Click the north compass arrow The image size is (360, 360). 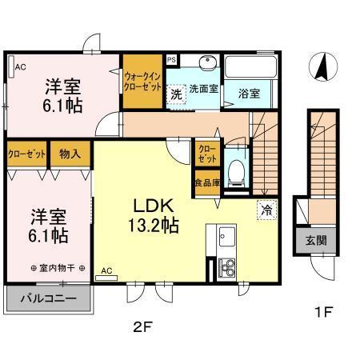point(322,68)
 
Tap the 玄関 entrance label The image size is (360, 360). point(316,241)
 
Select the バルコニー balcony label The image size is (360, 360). point(49,298)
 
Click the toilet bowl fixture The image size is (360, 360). point(236,171)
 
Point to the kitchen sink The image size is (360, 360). point(227,237)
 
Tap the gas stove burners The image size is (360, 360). point(227,268)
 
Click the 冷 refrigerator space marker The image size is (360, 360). point(266,210)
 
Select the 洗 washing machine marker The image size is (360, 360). point(176,94)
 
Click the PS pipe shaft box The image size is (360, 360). point(172,60)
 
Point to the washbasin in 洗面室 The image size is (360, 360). point(208,62)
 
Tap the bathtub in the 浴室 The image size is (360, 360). point(250,66)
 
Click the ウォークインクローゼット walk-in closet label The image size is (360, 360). point(142,82)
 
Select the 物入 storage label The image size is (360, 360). point(70,154)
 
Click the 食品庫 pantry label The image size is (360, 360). point(207,183)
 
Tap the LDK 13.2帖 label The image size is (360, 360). point(154,216)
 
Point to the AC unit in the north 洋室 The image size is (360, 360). point(11,66)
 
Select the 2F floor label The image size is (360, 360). point(142,327)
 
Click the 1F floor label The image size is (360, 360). point(323,312)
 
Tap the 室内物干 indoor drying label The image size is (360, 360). point(58,268)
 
